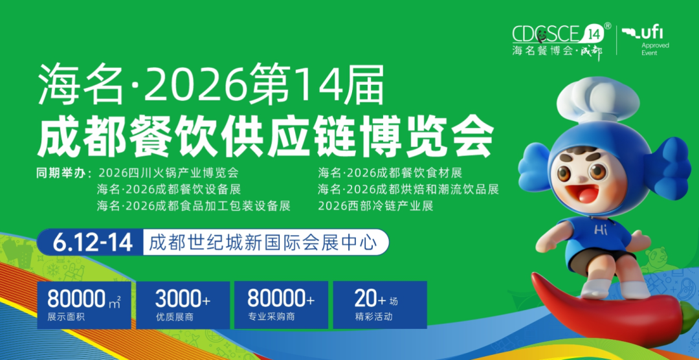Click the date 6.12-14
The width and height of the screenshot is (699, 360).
93,243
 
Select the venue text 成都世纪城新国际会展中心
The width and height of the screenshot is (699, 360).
263,243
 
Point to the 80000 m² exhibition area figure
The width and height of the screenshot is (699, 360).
83,299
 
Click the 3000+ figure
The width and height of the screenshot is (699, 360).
183,299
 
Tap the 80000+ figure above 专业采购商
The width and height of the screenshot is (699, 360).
282,299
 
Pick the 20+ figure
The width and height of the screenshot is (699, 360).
370,299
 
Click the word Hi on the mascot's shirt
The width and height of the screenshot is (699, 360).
601,231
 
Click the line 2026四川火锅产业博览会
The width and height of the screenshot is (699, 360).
170,173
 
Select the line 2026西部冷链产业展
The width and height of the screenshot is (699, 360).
375,206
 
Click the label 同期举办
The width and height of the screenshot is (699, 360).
64,173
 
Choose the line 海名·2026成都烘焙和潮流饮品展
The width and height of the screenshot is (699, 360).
408,189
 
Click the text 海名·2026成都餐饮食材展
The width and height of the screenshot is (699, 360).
390,173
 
